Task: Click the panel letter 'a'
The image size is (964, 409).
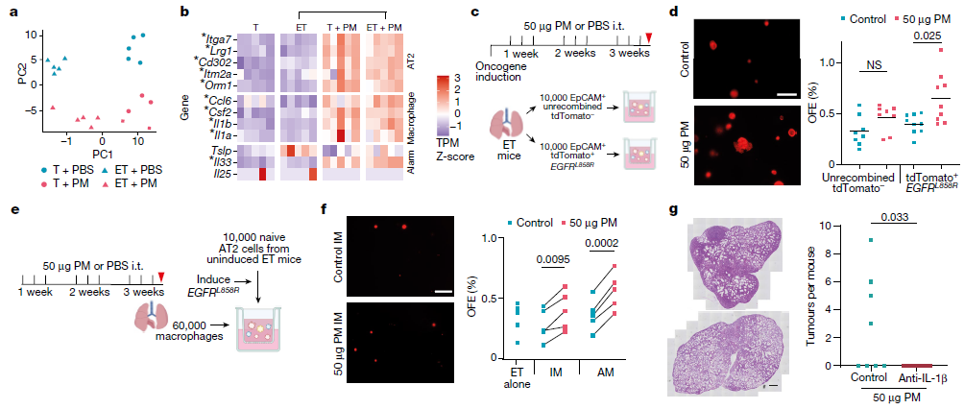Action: pos(11,12)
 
